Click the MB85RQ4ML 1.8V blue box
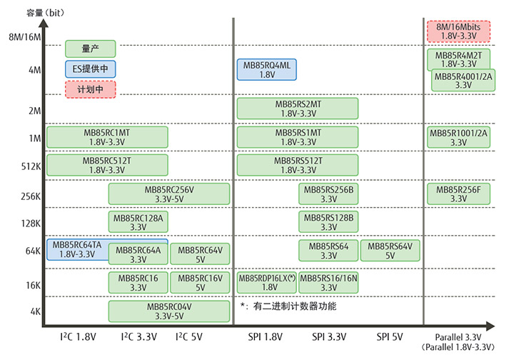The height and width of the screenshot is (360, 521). point(266,69)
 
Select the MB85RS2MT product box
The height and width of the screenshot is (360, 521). point(298,109)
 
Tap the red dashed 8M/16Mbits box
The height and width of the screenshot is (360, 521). point(458,31)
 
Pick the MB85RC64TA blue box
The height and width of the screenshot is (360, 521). point(77,249)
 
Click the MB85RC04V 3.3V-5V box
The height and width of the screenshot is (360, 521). point(169,311)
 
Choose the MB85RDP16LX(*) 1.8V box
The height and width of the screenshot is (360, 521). point(266,283)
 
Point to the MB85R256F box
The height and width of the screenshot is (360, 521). point(458,194)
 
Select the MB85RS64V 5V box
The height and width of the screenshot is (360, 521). point(390,250)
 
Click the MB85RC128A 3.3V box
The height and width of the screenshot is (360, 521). point(138,221)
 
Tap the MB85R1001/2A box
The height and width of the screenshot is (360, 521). point(458,137)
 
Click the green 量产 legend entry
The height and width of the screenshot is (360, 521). point(91,49)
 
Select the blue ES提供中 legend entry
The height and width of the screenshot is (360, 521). point(91,69)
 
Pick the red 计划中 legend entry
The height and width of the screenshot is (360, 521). point(91,89)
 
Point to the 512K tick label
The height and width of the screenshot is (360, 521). point(31,166)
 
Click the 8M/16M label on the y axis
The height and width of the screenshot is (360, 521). point(25,36)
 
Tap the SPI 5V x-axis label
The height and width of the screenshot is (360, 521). point(390,336)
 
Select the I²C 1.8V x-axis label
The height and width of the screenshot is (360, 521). point(78,336)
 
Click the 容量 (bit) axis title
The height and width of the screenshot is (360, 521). point(45,13)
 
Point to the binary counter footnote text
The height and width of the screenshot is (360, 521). point(288,306)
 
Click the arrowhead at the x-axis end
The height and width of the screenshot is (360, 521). point(490,326)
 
